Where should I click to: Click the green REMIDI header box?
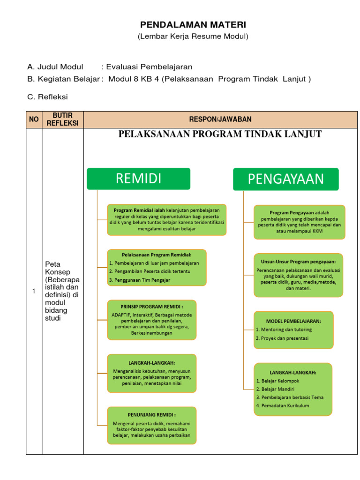point(138,179)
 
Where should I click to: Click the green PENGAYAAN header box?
point(285,179)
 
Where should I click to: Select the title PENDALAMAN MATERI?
point(193,25)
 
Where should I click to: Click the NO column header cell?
point(34,120)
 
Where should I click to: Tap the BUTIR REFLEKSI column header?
point(62,120)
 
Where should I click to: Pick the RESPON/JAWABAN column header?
point(220,120)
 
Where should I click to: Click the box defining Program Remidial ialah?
point(167,219)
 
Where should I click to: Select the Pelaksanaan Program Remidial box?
point(157,267)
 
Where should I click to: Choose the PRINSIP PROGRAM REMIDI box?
point(151,320)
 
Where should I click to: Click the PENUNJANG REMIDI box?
point(151,425)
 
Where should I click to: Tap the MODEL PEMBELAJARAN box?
point(293,330)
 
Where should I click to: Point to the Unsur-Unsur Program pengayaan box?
point(298,275)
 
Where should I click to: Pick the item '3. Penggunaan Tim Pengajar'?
point(139,280)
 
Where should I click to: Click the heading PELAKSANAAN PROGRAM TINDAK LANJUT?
point(220,135)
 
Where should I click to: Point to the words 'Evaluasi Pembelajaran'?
point(150,67)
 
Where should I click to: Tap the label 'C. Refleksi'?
point(48,97)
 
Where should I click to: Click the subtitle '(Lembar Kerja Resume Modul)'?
point(193,37)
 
